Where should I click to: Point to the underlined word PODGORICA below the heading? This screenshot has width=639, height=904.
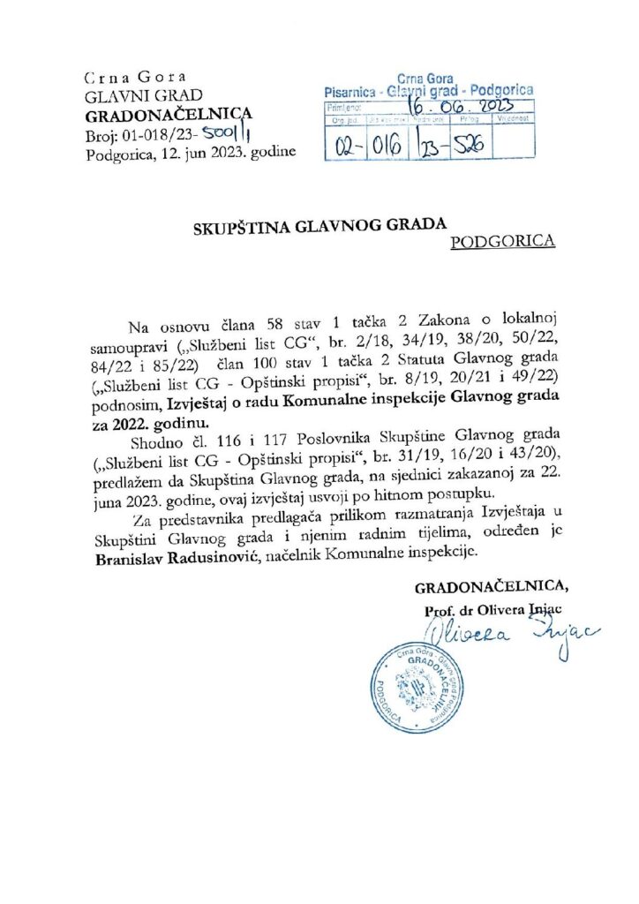pyautogui.click(x=502, y=240)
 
